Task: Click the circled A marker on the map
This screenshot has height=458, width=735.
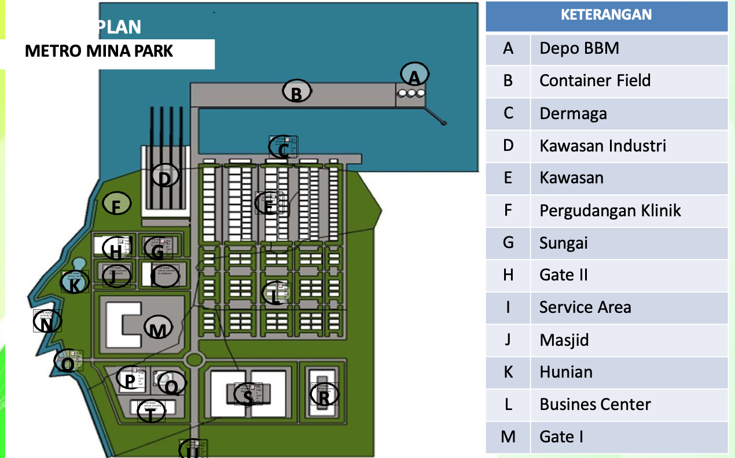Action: (414, 75)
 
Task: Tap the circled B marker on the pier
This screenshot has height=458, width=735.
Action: (297, 91)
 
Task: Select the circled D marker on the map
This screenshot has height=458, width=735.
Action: (165, 176)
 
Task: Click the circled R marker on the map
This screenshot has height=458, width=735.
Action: (324, 396)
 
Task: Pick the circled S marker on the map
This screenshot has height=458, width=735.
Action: (248, 396)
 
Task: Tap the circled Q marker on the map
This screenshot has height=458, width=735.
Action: (171, 383)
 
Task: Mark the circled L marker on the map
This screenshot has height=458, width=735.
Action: (275, 294)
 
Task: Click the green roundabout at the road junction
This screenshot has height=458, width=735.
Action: (194, 360)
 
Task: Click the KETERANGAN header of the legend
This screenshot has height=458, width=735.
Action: (606, 15)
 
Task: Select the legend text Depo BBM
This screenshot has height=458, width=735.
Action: (579, 48)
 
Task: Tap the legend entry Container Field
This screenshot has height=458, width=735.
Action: (595, 80)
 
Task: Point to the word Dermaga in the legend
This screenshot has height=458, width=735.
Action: (573, 113)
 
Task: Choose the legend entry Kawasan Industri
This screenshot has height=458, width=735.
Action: (602, 145)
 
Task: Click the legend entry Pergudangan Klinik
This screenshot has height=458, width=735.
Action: (610, 210)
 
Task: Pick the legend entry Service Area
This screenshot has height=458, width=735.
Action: (585, 307)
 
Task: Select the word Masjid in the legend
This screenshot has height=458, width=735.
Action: (564, 339)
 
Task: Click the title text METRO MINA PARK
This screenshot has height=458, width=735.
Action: (99, 51)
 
